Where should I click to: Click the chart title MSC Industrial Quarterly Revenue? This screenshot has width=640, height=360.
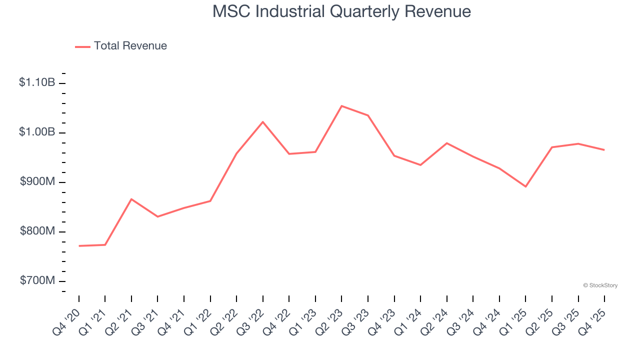click(341, 11)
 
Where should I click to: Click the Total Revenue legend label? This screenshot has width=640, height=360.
click(130, 46)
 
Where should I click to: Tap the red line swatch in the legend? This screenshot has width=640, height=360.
click(82, 46)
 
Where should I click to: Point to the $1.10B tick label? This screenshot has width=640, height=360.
click(37, 82)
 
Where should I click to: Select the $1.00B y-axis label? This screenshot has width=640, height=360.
click(37, 132)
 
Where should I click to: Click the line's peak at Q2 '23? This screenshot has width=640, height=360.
click(341, 106)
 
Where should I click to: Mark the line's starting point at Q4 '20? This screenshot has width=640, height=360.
click(79, 246)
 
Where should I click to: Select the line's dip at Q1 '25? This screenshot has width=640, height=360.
click(525, 186)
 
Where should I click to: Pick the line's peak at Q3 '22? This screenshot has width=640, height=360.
click(263, 122)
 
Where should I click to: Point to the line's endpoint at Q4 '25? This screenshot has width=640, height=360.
click(604, 150)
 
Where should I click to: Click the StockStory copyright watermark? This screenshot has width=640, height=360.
click(600, 285)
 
